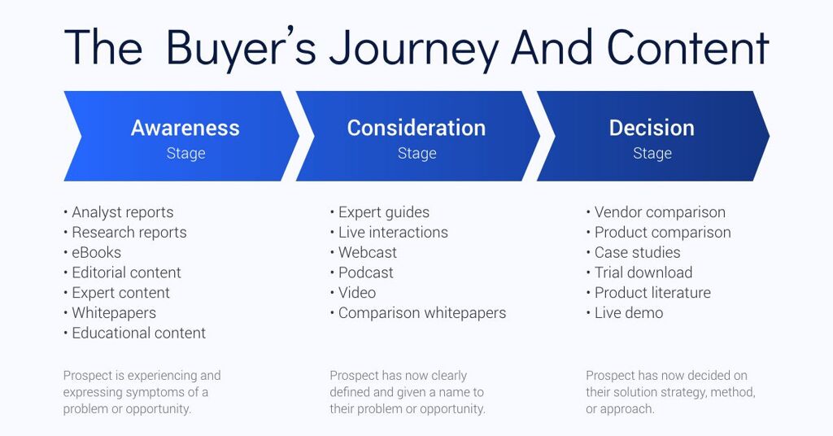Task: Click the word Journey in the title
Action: [413, 50]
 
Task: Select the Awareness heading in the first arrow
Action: [185, 128]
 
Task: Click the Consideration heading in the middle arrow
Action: [416, 128]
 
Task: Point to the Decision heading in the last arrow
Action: [652, 128]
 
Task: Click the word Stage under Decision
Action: [652, 154]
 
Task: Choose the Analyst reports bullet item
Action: [123, 212]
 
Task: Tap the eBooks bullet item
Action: [96, 253]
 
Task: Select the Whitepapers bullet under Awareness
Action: [114, 313]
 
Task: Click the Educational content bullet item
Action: [138, 333]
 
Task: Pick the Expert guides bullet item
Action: [384, 212]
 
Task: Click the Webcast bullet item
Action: [368, 253]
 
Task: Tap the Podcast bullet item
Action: [366, 272]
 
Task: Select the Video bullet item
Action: [357, 293]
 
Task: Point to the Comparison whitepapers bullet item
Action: [422, 313]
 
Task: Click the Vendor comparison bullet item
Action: [660, 212]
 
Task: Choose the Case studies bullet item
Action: [638, 253]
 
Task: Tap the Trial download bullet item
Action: [643, 272]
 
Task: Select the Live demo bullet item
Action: [629, 313]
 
